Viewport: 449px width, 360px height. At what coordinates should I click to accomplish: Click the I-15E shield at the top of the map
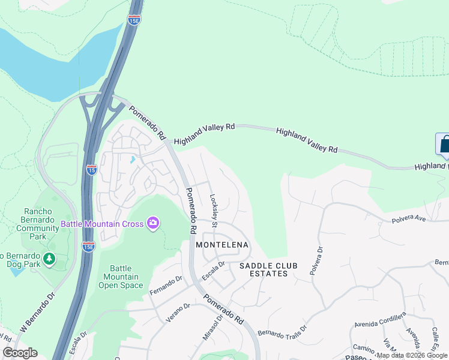click(x=134, y=20)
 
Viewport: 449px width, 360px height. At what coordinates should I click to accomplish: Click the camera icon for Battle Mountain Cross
click(x=153, y=223)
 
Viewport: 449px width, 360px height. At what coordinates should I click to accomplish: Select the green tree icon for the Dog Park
click(x=49, y=259)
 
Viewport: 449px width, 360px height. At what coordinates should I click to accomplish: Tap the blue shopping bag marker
click(x=443, y=145)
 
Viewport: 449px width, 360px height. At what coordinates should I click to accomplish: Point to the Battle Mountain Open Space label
click(x=118, y=277)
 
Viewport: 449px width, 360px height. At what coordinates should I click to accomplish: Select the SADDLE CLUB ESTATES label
click(x=264, y=269)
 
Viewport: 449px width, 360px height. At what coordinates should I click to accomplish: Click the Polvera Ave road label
click(x=409, y=219)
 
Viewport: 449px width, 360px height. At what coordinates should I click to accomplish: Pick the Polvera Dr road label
click(x=316, y=260)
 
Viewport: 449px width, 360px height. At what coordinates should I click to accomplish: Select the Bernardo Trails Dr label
click(x=282, y=331)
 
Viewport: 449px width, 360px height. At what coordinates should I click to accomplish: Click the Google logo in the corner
click(x=20, y=353)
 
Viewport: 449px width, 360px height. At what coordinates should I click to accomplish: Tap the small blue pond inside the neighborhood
click(x=131, y=160)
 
